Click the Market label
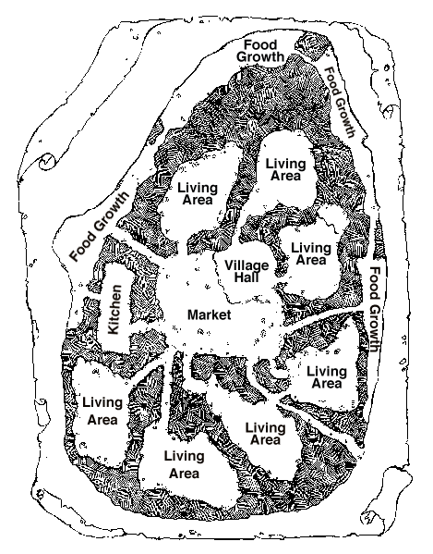[209, 314]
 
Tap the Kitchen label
[114, 310]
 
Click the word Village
[247, 265]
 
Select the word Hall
[247, 277]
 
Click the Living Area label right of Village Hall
[310, 254]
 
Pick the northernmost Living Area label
[285, 169]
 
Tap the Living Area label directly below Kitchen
[102, 411]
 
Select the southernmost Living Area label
[184, 464]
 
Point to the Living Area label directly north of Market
[198, 193]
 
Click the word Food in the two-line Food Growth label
[260, 45]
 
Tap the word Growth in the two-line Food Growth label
[260, 57]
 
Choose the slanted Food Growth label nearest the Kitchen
[100, 227]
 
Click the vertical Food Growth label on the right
[375, 309]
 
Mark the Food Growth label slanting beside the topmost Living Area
[339, 102]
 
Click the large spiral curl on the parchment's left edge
[47, 162]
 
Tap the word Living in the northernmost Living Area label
[285, 164]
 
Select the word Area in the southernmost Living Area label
[184, 474]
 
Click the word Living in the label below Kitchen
[102, 402]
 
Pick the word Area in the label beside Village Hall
[310, 260]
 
